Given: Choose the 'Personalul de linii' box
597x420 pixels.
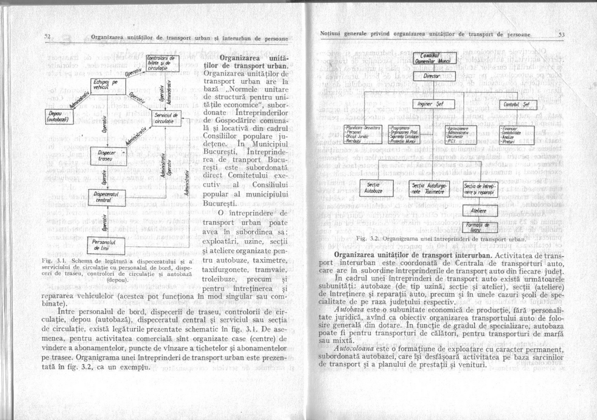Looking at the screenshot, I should [x=104, y=245].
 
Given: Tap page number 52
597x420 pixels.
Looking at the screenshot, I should [x=48, y=36].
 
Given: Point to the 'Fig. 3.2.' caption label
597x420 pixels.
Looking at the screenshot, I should [x=365, y=239].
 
